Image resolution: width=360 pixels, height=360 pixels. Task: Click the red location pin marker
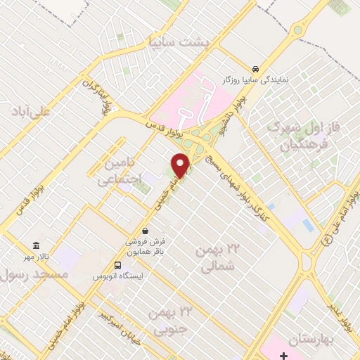(181, 165)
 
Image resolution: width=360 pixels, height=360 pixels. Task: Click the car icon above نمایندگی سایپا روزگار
(257, 68)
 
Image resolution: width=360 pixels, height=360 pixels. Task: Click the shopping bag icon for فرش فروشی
(145, 231)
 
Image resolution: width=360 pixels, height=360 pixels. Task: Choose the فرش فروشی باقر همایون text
(145, 245)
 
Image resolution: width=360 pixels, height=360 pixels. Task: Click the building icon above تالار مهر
(36, 245)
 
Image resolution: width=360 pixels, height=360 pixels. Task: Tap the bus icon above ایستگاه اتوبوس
(117, 266)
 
